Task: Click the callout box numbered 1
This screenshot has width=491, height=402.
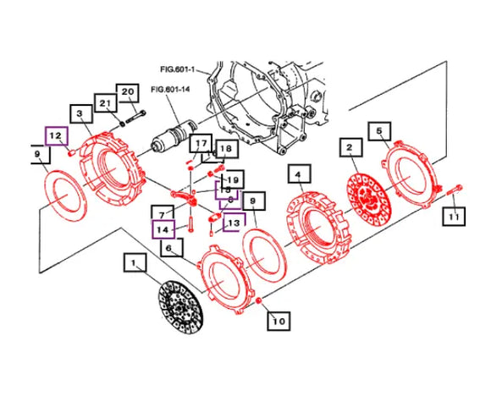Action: pos(133,264)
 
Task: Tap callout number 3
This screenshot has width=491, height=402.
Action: pos(79,114)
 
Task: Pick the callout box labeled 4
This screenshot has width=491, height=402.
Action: pos(296,176)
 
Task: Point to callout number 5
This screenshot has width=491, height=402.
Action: pos(379,130)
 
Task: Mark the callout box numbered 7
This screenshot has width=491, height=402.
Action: pos(158,211)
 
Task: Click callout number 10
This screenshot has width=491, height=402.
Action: pos(279,321)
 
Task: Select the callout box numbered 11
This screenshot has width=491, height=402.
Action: pos(455,219)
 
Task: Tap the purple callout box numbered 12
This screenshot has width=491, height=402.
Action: pos(55,135)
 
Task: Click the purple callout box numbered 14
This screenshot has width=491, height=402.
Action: pos(163,228)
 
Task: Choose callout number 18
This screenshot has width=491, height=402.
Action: pos(225,150)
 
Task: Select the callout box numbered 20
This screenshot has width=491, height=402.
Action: pos(127,92)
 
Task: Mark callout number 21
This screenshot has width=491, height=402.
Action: pos(105,103)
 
